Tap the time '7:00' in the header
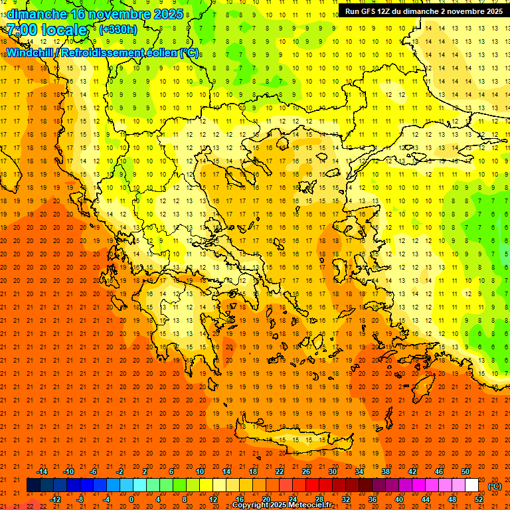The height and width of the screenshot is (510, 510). coord(23,30)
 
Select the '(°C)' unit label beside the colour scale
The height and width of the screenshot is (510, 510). coord(494,486)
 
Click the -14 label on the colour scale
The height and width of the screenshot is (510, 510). coord(42,471)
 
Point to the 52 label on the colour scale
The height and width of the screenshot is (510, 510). coord(479,499)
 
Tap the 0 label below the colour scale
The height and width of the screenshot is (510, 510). coord(131,499)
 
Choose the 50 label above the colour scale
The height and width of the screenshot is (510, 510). coord(465,471)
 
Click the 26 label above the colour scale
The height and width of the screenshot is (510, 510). coord(306,471)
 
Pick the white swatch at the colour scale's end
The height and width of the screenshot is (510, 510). coord(471,485)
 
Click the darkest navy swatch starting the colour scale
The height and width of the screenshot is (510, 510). coord(33,485)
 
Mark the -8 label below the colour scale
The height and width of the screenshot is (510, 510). coord(80,499)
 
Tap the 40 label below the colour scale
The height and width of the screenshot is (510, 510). coord(399,499)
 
